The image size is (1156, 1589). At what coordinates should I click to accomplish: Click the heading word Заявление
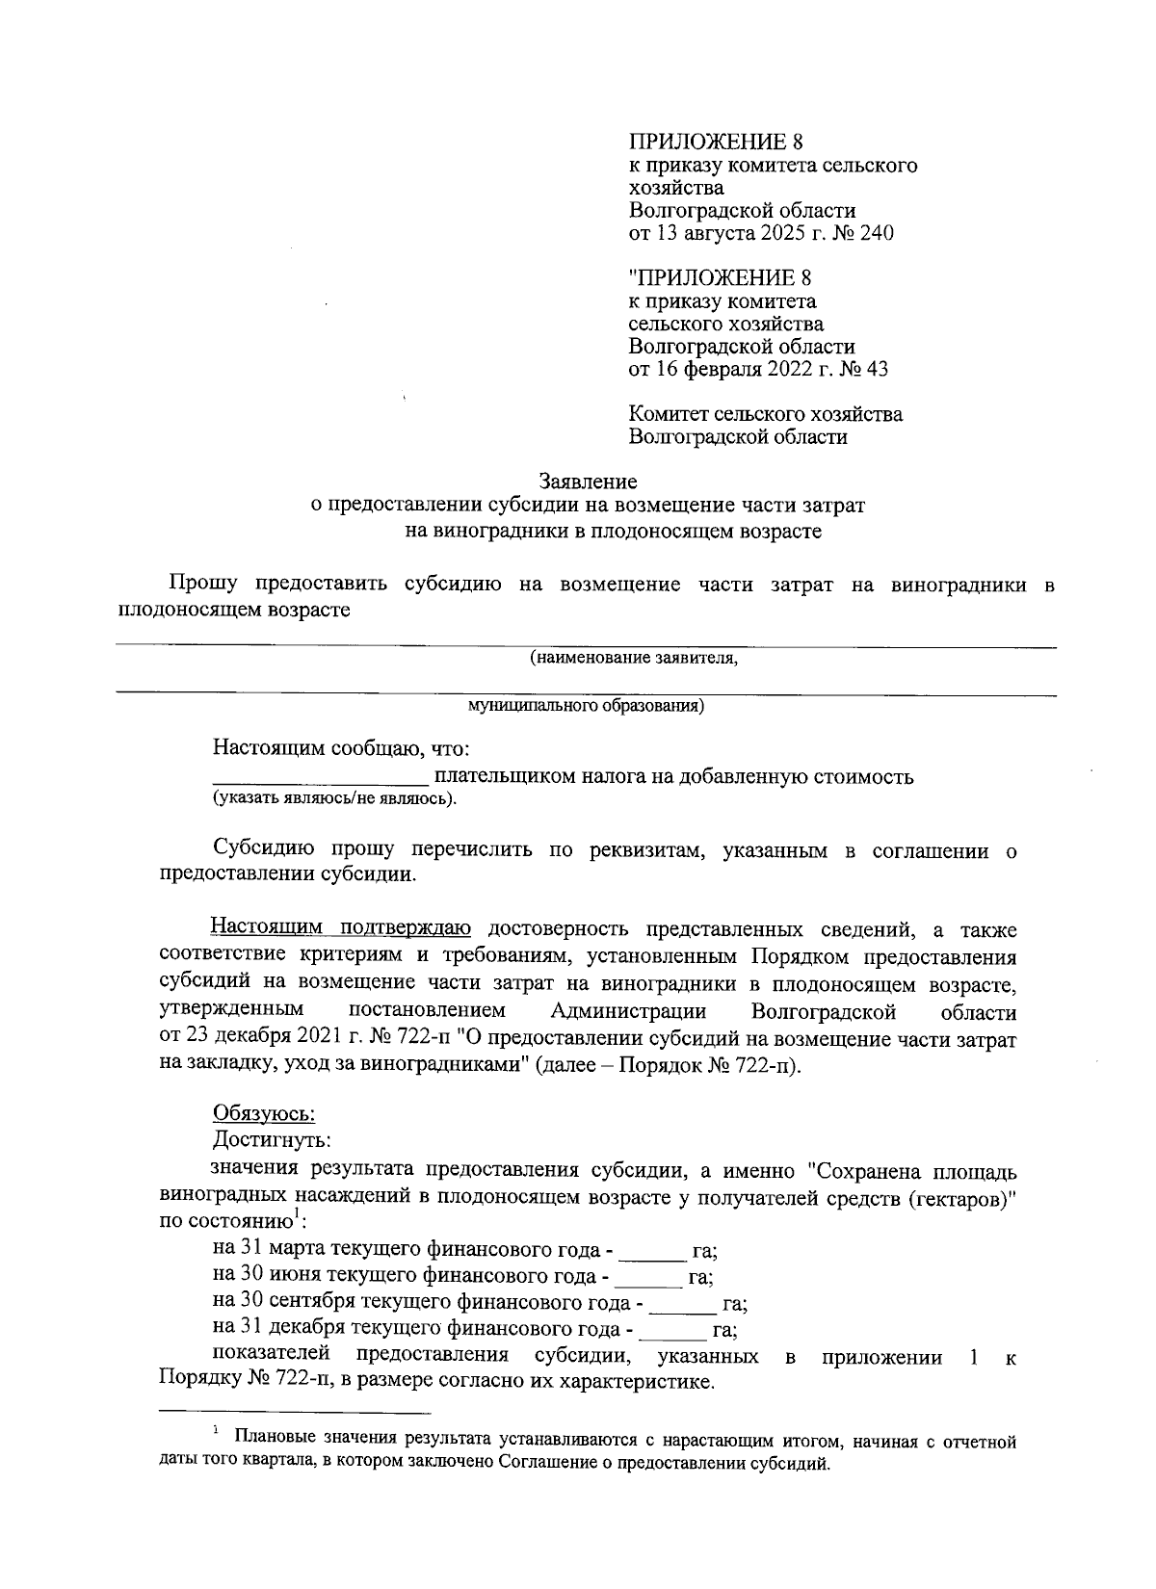588,481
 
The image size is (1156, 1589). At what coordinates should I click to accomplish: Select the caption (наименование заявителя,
634,659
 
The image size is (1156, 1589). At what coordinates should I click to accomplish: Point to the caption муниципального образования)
586,706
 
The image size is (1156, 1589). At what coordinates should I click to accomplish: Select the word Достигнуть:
272,1140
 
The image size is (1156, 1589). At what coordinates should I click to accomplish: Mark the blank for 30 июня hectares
647,1278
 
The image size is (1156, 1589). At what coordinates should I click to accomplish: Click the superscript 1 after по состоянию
298,1215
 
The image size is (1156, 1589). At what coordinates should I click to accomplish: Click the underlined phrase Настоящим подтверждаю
341,928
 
